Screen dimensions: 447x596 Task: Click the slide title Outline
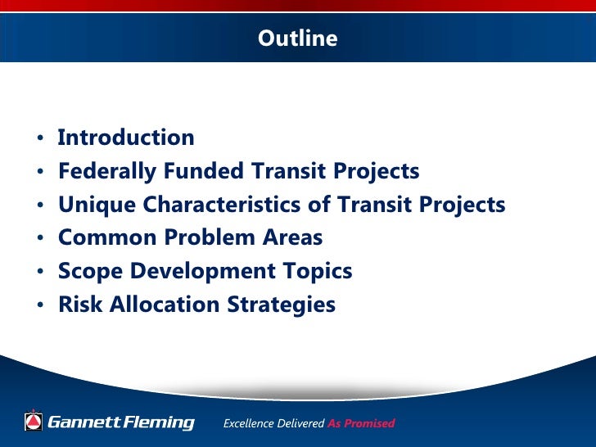click(297, 38)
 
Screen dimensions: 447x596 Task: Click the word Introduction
click(126, 138)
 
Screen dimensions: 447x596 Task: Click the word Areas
click(291, 238)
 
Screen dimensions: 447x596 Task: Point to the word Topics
click(315, 272)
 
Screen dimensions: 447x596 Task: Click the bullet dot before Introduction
click(40, 138)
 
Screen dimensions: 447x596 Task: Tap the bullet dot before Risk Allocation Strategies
click(40, 306)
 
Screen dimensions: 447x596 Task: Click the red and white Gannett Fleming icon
click(33, 422)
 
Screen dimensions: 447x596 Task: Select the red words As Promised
click(361, 423)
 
